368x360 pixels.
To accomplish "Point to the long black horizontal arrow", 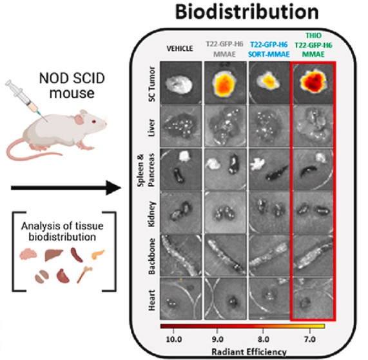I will click(61, 189).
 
